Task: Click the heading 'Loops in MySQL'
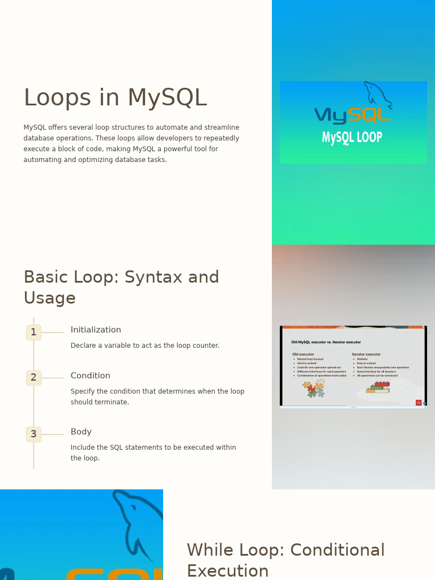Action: [x=115, y=98]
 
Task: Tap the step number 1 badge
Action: [x=33, y=332]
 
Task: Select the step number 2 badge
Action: [x=33, y=378]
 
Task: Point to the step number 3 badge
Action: [x=33, y=434]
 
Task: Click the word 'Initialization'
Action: [x=96, y=330]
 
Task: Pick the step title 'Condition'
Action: [x=91, y=376]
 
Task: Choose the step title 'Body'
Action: [x=81, y=432]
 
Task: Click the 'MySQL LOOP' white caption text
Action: [x=352, y=138]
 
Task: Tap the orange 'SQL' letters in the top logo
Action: [x=369, y=115]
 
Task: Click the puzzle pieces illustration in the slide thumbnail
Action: [x=313, y=389]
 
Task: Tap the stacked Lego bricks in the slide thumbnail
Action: [x=378, y=387]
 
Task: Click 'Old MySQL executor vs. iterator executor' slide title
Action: [x=326, y=342]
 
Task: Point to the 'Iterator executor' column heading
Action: [x=366, y=355]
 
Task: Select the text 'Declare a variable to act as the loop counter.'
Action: [x=145, y=346]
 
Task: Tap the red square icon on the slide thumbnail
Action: [x=419, y=403]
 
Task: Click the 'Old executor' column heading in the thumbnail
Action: [x=303, y=355]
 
